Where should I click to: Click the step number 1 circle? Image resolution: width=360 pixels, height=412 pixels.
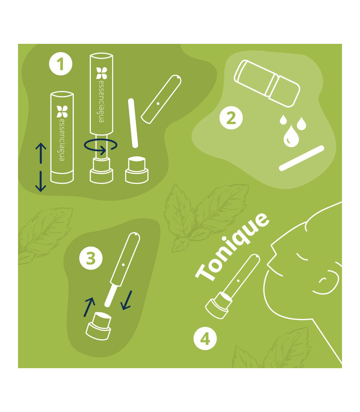pyautogui.click(x=61, y=64)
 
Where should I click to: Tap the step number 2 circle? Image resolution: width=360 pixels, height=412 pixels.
pyautogui.click(x=231, y=118)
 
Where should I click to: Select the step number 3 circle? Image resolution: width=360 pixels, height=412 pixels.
pyautogui.click(x=91, y=258)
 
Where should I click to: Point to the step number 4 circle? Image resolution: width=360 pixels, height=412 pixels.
pyautogui.click(x=205, y=339)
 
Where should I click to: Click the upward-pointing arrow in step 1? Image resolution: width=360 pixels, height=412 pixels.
pyautogui.click(x=41, y=153)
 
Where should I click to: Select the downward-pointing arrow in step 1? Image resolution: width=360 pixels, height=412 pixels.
pyautogui.click(x=41, y=181)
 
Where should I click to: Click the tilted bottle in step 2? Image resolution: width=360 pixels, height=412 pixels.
pyautogui.click(x=267, y=83)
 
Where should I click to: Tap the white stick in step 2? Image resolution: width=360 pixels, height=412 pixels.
pyautogui.click(x=301, y=158)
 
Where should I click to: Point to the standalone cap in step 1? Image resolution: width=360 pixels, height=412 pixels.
pyautogui.click(x=137, y=170)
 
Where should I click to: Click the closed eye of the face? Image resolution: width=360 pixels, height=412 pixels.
pyautogui.click(x=302, y=258)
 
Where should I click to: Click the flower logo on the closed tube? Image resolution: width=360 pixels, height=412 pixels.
pyautogui.click(x=62, y=111)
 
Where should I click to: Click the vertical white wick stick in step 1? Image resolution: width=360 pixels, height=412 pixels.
pyautogui.click(x=133, y=123)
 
